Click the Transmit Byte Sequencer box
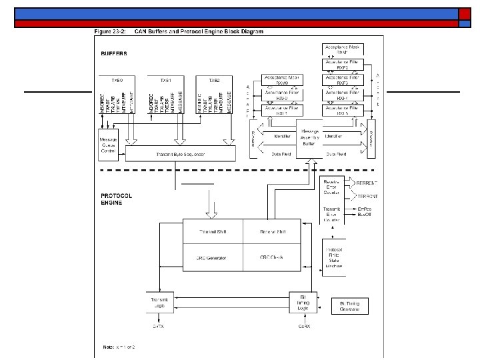[181, 154]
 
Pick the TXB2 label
[213, 80]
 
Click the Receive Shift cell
[273, 231]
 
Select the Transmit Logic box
[159, 301]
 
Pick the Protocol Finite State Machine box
[334, 256]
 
